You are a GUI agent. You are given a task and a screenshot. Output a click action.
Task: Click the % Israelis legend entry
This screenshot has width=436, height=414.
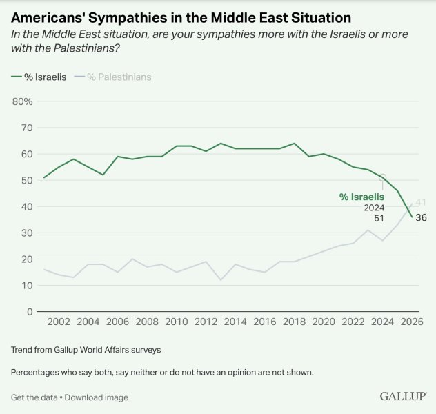click(39, 77)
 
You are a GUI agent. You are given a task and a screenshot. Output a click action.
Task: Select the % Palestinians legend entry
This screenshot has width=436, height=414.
click(112, 77)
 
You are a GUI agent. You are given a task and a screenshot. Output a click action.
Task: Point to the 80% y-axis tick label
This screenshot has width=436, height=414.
click(22, 101)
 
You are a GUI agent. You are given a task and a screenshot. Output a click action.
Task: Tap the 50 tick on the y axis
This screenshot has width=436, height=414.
click(27, 181)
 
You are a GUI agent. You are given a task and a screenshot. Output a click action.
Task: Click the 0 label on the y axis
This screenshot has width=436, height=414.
click(30, 312)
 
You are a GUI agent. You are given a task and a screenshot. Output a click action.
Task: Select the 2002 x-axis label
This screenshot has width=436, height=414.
click(59, 322)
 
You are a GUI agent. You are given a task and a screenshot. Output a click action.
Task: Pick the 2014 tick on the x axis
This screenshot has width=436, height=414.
click(235, 322)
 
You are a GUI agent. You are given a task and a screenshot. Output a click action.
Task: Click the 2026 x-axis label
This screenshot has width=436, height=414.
click(412, 322)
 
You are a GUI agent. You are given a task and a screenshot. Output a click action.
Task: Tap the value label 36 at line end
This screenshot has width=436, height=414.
click(421, 217)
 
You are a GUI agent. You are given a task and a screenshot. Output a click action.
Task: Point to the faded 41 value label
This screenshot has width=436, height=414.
click(421, 202)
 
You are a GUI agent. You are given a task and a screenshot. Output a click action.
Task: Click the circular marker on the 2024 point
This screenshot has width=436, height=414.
click(383, 177)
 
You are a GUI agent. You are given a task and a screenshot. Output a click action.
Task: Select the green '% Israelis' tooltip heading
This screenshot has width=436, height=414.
click(361, 197)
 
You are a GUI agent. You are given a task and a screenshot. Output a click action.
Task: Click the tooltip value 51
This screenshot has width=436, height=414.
click(379, 219)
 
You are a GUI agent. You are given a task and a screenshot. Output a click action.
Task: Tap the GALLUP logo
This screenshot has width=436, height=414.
click(403, 396)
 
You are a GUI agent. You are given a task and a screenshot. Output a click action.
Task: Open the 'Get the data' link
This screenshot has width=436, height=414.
click(34, 397)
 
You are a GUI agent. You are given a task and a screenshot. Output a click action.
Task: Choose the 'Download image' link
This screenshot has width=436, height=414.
click(97, 397)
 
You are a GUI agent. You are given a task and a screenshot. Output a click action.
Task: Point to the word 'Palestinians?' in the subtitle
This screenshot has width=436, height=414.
click(86, 48)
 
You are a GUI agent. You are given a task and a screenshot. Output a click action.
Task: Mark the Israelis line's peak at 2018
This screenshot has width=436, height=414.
click(294, 144)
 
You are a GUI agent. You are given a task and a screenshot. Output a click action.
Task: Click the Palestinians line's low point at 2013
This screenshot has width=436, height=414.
click(221, 279)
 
